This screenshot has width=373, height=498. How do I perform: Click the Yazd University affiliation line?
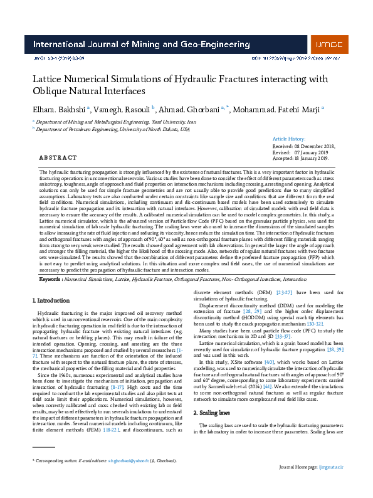coord(116,121)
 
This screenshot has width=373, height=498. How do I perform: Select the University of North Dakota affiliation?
coord(113,129)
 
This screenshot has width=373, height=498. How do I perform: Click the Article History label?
coord(289,139)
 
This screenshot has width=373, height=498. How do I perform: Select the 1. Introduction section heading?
coord(51,302)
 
